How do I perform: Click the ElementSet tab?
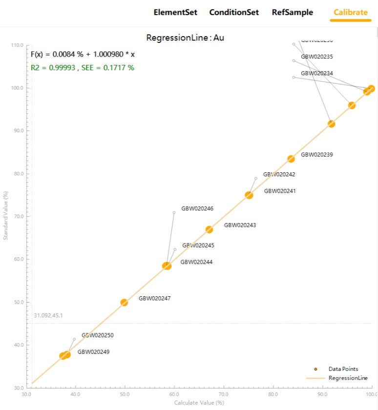(176, 12)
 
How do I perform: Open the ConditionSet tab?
(234, 12)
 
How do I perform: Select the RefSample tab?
(293, 12)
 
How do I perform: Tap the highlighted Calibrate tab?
(351, 12)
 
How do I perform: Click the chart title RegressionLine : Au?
(185, 38)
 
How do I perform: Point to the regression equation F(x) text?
(83, 54)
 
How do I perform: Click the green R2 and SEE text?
(82, 68)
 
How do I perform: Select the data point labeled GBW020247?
(124, 302)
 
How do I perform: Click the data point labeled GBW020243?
(209, 229)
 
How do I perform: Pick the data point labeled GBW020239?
(291, 159)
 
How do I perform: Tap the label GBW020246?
(197, 208)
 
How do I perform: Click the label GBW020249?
(93, 352)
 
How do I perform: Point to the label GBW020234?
(316, 73)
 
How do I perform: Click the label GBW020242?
(279, 174)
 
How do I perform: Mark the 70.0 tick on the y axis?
(17, 216)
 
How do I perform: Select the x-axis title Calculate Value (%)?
(199, 403)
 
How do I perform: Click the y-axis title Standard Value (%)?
(6, 216)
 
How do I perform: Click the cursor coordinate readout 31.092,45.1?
(48, 316)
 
